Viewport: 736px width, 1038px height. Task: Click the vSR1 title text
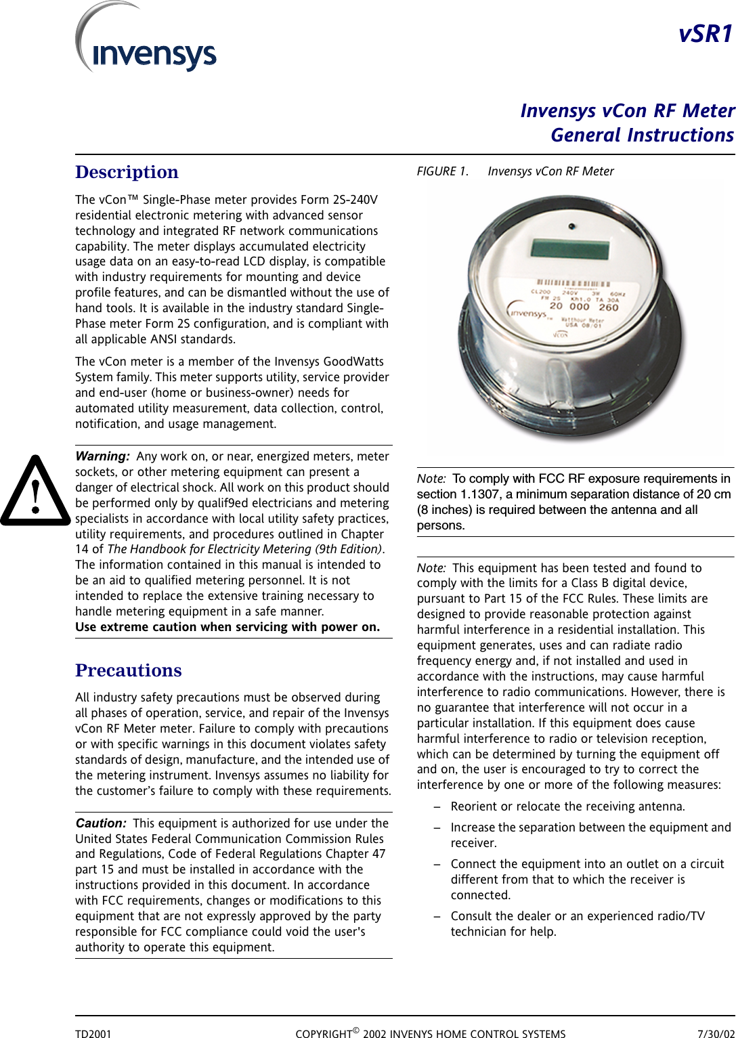(706, 34)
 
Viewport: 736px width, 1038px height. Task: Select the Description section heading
(127, 172)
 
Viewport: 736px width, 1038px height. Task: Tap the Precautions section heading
(129, 670)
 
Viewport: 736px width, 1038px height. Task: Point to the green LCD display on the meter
(570, 248)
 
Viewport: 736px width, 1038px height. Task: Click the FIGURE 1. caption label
(442, 171)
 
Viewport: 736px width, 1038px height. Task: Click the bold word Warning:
(102, 456)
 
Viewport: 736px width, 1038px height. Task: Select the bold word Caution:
(101, 823)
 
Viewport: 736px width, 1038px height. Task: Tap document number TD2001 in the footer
(93, 1034)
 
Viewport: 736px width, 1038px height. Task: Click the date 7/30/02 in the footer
(716, 1034)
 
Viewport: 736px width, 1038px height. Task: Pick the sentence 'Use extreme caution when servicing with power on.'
(228, 627)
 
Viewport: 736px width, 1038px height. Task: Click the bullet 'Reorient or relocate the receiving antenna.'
(567, 806)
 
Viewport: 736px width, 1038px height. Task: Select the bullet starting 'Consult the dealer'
(578, 916)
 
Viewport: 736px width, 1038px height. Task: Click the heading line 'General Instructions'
(642, 135)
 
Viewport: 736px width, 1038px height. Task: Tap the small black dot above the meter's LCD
(572, 226)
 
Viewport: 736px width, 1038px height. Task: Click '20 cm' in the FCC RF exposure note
(714, 494)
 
